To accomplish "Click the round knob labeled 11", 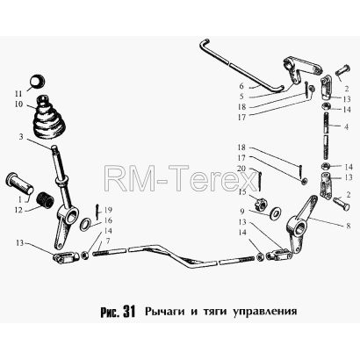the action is pyautogui.click(x=38, y=81).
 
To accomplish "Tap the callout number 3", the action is pyautogui.click(x=21, y=137).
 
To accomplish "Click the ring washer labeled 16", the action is pyautogui.click(x=85, y=224).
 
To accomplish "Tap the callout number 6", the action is pyautogui.click(x=241, y=86).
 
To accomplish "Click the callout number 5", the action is pyautogui.click(x=241, y=96).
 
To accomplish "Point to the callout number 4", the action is pyautogui.click(x=347, y=127).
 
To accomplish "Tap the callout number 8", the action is pyautogui.click(x=348, y=227).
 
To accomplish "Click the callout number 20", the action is pyautogui.click(x=242, y=169).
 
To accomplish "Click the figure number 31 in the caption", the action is pyautogui.click(x=129, y=312).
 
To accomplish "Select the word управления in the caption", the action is pyautogui.click(x=265, y=312).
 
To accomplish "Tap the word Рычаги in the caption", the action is pyautogui.click(x=165, y=312).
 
